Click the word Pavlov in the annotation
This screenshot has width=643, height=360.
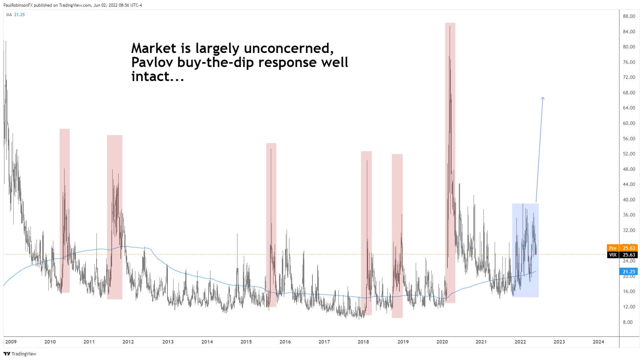point(152,62)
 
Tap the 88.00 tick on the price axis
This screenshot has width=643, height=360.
point(629,16)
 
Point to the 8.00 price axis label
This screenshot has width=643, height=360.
point(627,322)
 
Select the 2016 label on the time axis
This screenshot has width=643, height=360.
point(285,342)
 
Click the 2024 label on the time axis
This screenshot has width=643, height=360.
point(598,342)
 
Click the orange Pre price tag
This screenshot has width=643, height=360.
point(612,248)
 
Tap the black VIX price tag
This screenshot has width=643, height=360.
point(612,255)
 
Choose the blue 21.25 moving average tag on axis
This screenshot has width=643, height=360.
point(629,272)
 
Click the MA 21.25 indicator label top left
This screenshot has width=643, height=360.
point(15,15)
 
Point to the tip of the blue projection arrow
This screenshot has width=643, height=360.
point(543,98)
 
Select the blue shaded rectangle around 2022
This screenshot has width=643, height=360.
point(525,251)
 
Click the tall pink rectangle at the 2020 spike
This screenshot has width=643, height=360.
point(450,163)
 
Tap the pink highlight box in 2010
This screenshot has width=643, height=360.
point(65,211)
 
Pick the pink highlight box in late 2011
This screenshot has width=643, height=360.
point(115,217)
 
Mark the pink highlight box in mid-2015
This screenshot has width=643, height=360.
point(271,225)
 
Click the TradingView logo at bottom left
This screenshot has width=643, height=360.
point(20,354)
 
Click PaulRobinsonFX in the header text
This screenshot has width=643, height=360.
point(18,5)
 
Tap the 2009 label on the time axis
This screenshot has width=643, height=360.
point(11,342)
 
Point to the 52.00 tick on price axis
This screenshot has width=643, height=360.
point(629,154)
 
